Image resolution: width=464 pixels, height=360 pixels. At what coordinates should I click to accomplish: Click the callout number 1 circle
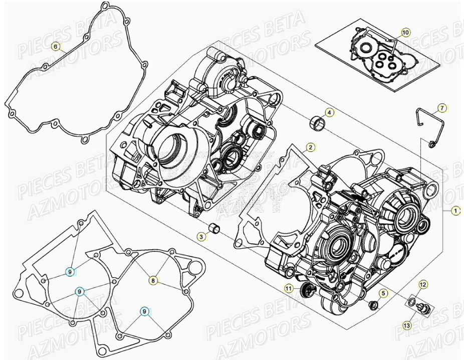click(455, 211)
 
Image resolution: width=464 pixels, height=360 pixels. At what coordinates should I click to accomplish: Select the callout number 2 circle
click(311, 147)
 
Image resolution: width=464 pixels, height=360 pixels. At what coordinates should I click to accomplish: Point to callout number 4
click(329, 112)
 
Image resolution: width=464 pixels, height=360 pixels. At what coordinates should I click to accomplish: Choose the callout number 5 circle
click(383, 293)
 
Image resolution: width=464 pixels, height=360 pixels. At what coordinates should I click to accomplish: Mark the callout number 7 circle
click(442, 108)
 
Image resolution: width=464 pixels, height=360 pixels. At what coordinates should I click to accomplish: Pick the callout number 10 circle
click(405, 33)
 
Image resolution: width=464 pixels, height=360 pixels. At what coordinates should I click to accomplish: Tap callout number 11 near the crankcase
click(289, 288)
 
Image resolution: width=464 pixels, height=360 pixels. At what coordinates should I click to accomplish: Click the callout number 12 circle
click(423, 285)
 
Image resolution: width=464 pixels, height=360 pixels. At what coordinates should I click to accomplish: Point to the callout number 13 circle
click(406, 325)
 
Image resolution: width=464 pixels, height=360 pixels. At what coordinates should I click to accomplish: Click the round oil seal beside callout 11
click(304, 289)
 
